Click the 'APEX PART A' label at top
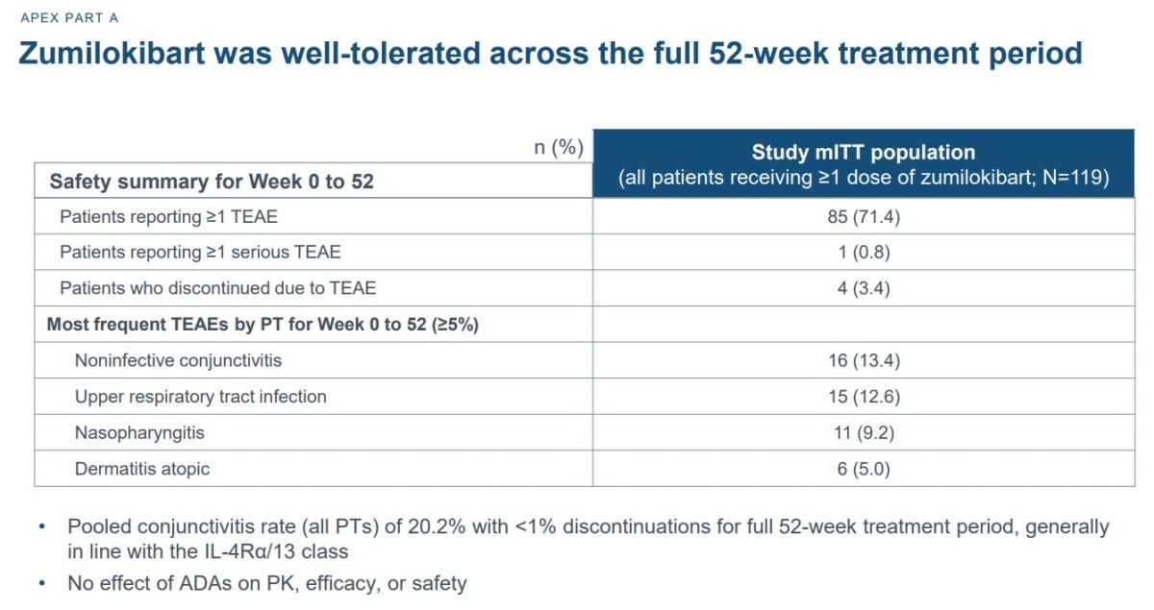pyautogui.click(x=69, y=18)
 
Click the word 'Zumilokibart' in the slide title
pyautogui.click(x=112, y=54)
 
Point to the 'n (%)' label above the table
pyautogui.click(x=559, y=147)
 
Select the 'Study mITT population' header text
pyautogui.click(x=864, y=153)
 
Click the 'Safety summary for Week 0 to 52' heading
pyautogui.click(x=212, y=182)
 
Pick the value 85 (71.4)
pyautogui.click(x=864, y=217)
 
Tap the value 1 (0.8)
pyautogui.click(x=864, y=253)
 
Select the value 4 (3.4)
pyautogui.click(x=864, y=288)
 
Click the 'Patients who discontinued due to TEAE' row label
pyautogui.click(x=218, y=288)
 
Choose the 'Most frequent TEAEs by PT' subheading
pyautogui.click(x=238, y=325)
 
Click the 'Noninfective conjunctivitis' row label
pyautogui.click(x=178, y=360)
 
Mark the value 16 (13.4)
pyautogui.click(x=864, y=361)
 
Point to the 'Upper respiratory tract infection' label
pyautogui.click(x=201, y=397)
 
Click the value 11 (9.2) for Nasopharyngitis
pyautogui.click(x=864, y=433)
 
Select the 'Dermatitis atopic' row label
pyautogui.click(x=142, y=469)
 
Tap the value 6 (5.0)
pyautogui.click(x=864, y=469)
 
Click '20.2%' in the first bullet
pyautogui.click(x=437, y=527)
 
